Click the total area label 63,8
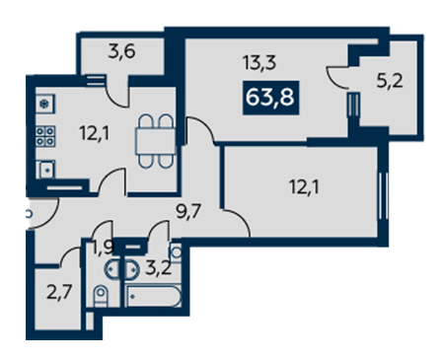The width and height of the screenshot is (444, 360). [270, 98]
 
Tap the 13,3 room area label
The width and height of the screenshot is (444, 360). [259, 63]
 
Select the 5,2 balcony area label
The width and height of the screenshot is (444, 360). [390, 81]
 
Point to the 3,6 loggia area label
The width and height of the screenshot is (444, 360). [121, 52]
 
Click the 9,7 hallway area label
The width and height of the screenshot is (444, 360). [188, 211]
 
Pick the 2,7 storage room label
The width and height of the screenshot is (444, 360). [59, 292]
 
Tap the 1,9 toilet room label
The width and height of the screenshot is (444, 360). [103, 249]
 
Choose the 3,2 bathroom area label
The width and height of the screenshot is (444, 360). [159, 269]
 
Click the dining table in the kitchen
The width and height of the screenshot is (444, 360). [156, 141]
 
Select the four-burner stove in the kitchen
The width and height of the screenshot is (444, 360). [45, 136]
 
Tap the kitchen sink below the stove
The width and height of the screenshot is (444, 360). [46, 170]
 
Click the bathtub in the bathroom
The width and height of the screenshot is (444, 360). [153, 296]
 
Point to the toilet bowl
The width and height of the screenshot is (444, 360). [101, 296]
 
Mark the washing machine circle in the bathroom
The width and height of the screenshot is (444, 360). [177, 252]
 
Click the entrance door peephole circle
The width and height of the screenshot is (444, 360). [29, 214]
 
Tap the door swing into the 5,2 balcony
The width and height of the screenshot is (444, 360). [336, 78]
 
